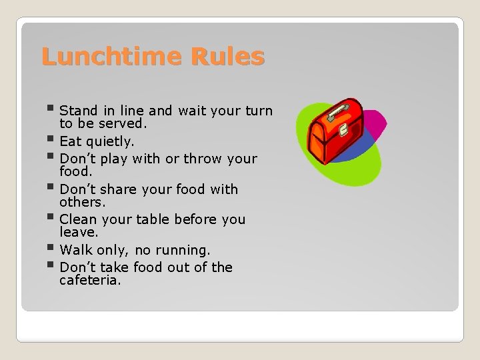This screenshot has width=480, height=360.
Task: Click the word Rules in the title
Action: click(227, 57)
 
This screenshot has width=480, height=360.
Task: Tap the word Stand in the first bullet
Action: click(79, 111)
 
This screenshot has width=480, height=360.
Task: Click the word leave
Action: click(79, 232)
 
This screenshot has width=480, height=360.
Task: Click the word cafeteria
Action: click(90, 281)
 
